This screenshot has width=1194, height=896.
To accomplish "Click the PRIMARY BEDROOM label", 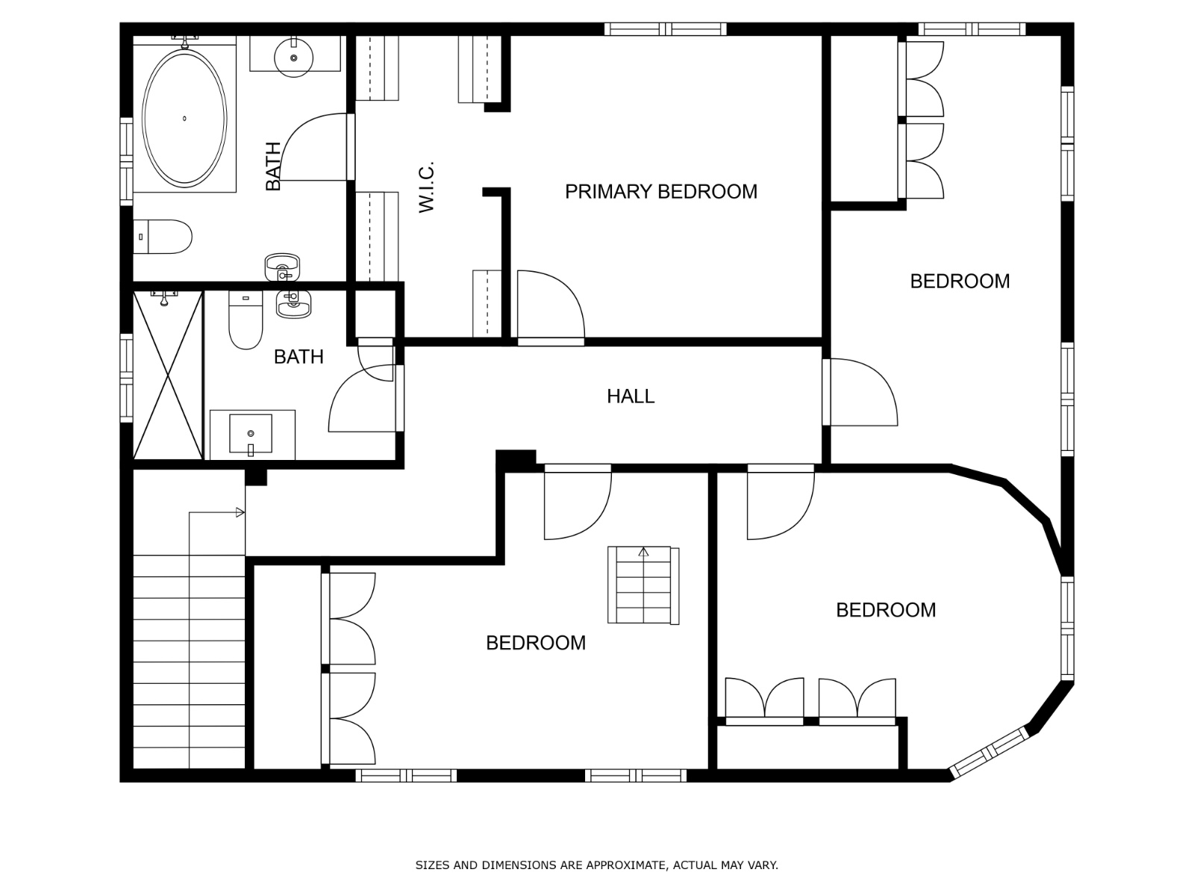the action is tap(660, 191).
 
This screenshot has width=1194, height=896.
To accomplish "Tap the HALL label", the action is tap(631, 396).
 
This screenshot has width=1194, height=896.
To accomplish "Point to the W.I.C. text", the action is tap(427, 187).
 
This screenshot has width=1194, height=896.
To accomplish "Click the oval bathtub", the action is tap(184, 118).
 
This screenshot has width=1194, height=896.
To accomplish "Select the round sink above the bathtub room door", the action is tap(294, 57).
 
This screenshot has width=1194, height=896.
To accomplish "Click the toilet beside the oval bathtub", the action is tap(163, 237).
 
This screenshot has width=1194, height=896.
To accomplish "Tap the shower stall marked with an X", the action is tap(168, 375).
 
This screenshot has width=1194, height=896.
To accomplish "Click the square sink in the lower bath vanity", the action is tap(251, 434).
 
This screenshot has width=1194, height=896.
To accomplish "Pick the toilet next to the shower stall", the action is tap(246, 320).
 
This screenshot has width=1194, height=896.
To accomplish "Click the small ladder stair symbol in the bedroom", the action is tap(643, 585).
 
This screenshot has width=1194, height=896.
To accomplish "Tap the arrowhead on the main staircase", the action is tap(240, 512).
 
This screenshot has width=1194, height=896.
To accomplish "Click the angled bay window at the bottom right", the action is tap(990, 753).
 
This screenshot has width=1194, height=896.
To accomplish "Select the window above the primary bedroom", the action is tap(665, 29).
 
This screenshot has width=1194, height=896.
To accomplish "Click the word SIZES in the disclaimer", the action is tap(432, 865).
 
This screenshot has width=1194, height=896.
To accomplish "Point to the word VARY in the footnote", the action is tap(763, 865).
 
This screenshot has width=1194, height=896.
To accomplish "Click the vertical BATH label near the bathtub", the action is tap(273, 167).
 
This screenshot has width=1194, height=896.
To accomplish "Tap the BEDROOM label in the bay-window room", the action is tap(886, 610).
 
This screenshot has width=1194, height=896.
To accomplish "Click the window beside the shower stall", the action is tap(126, 378).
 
